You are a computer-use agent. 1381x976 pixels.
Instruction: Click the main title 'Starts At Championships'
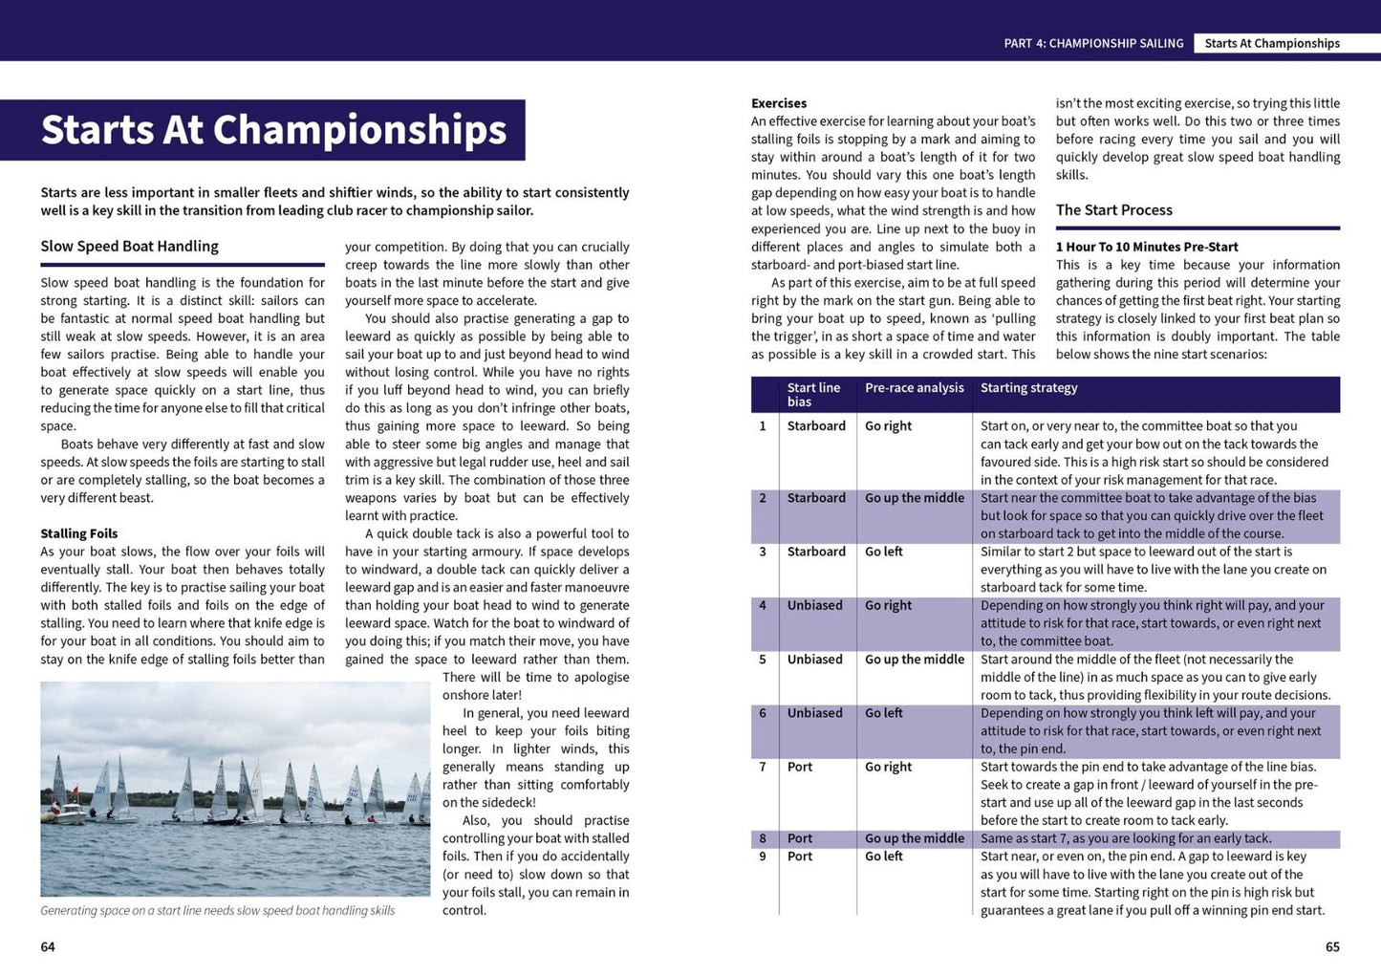pos(273,130)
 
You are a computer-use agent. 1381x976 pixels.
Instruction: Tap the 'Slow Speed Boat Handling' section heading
pos(129,247)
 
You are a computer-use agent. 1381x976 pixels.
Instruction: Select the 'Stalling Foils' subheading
pos(79,533)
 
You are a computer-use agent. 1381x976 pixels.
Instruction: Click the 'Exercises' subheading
pos(779,103)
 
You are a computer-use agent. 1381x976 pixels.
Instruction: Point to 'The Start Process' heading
pos(1113,210)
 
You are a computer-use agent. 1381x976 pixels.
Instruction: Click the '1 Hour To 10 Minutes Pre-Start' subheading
pos(1147,247)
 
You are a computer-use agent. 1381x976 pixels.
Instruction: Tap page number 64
pos(48,947)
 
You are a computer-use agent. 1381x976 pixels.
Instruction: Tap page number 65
pos(1332,947)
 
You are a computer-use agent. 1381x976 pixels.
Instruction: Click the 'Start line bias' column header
pos(813,394)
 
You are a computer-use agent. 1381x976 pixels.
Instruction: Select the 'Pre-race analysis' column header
pos(915,387)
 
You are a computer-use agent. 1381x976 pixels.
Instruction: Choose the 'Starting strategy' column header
pos(1028,387)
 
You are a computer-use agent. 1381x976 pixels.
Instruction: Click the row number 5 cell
pos(763,660)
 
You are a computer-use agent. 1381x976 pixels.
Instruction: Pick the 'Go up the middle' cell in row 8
pos(915,838)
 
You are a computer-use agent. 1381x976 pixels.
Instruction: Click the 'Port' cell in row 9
pos(800,857)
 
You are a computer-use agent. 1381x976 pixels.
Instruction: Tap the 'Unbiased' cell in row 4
pos(814,605)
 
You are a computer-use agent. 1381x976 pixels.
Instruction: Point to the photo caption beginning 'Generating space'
pos(218,911)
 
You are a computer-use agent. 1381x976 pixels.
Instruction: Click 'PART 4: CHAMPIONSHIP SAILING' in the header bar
pos(1093,43)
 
